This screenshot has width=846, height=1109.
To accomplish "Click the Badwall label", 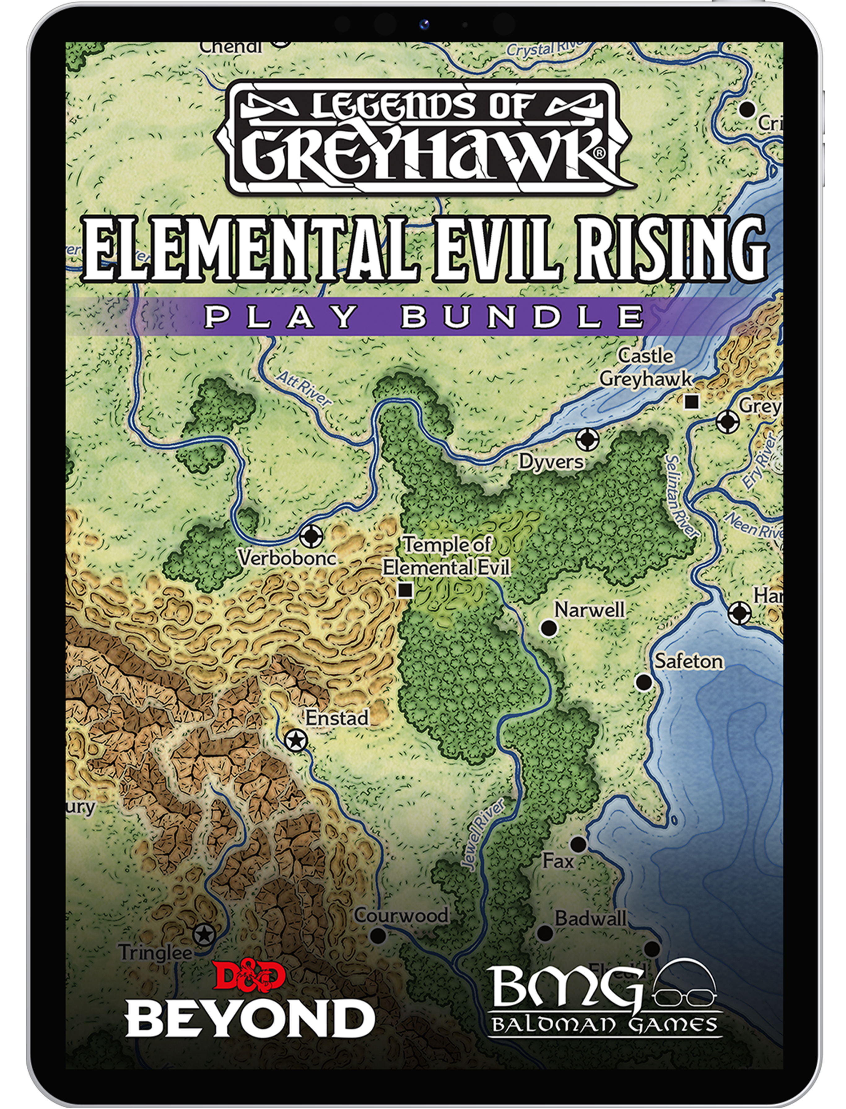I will click(590, 918).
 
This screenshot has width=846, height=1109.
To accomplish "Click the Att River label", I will click(304, 388).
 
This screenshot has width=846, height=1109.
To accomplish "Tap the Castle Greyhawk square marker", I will click(692, 402).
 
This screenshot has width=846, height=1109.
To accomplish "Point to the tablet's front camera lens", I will click(425, 24).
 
